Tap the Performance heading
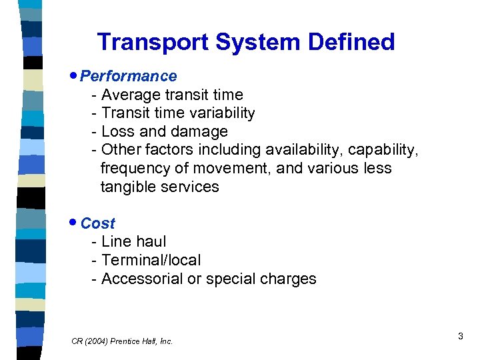[x=128, y=76]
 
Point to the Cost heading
[x=97, y=223]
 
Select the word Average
[x=131, y=95]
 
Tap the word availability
[x=315, y=150]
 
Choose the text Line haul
[x=133, y=241]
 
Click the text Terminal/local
[x=151, y=260]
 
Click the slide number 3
[x=460, y=337]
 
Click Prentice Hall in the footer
[x=137, y=341]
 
